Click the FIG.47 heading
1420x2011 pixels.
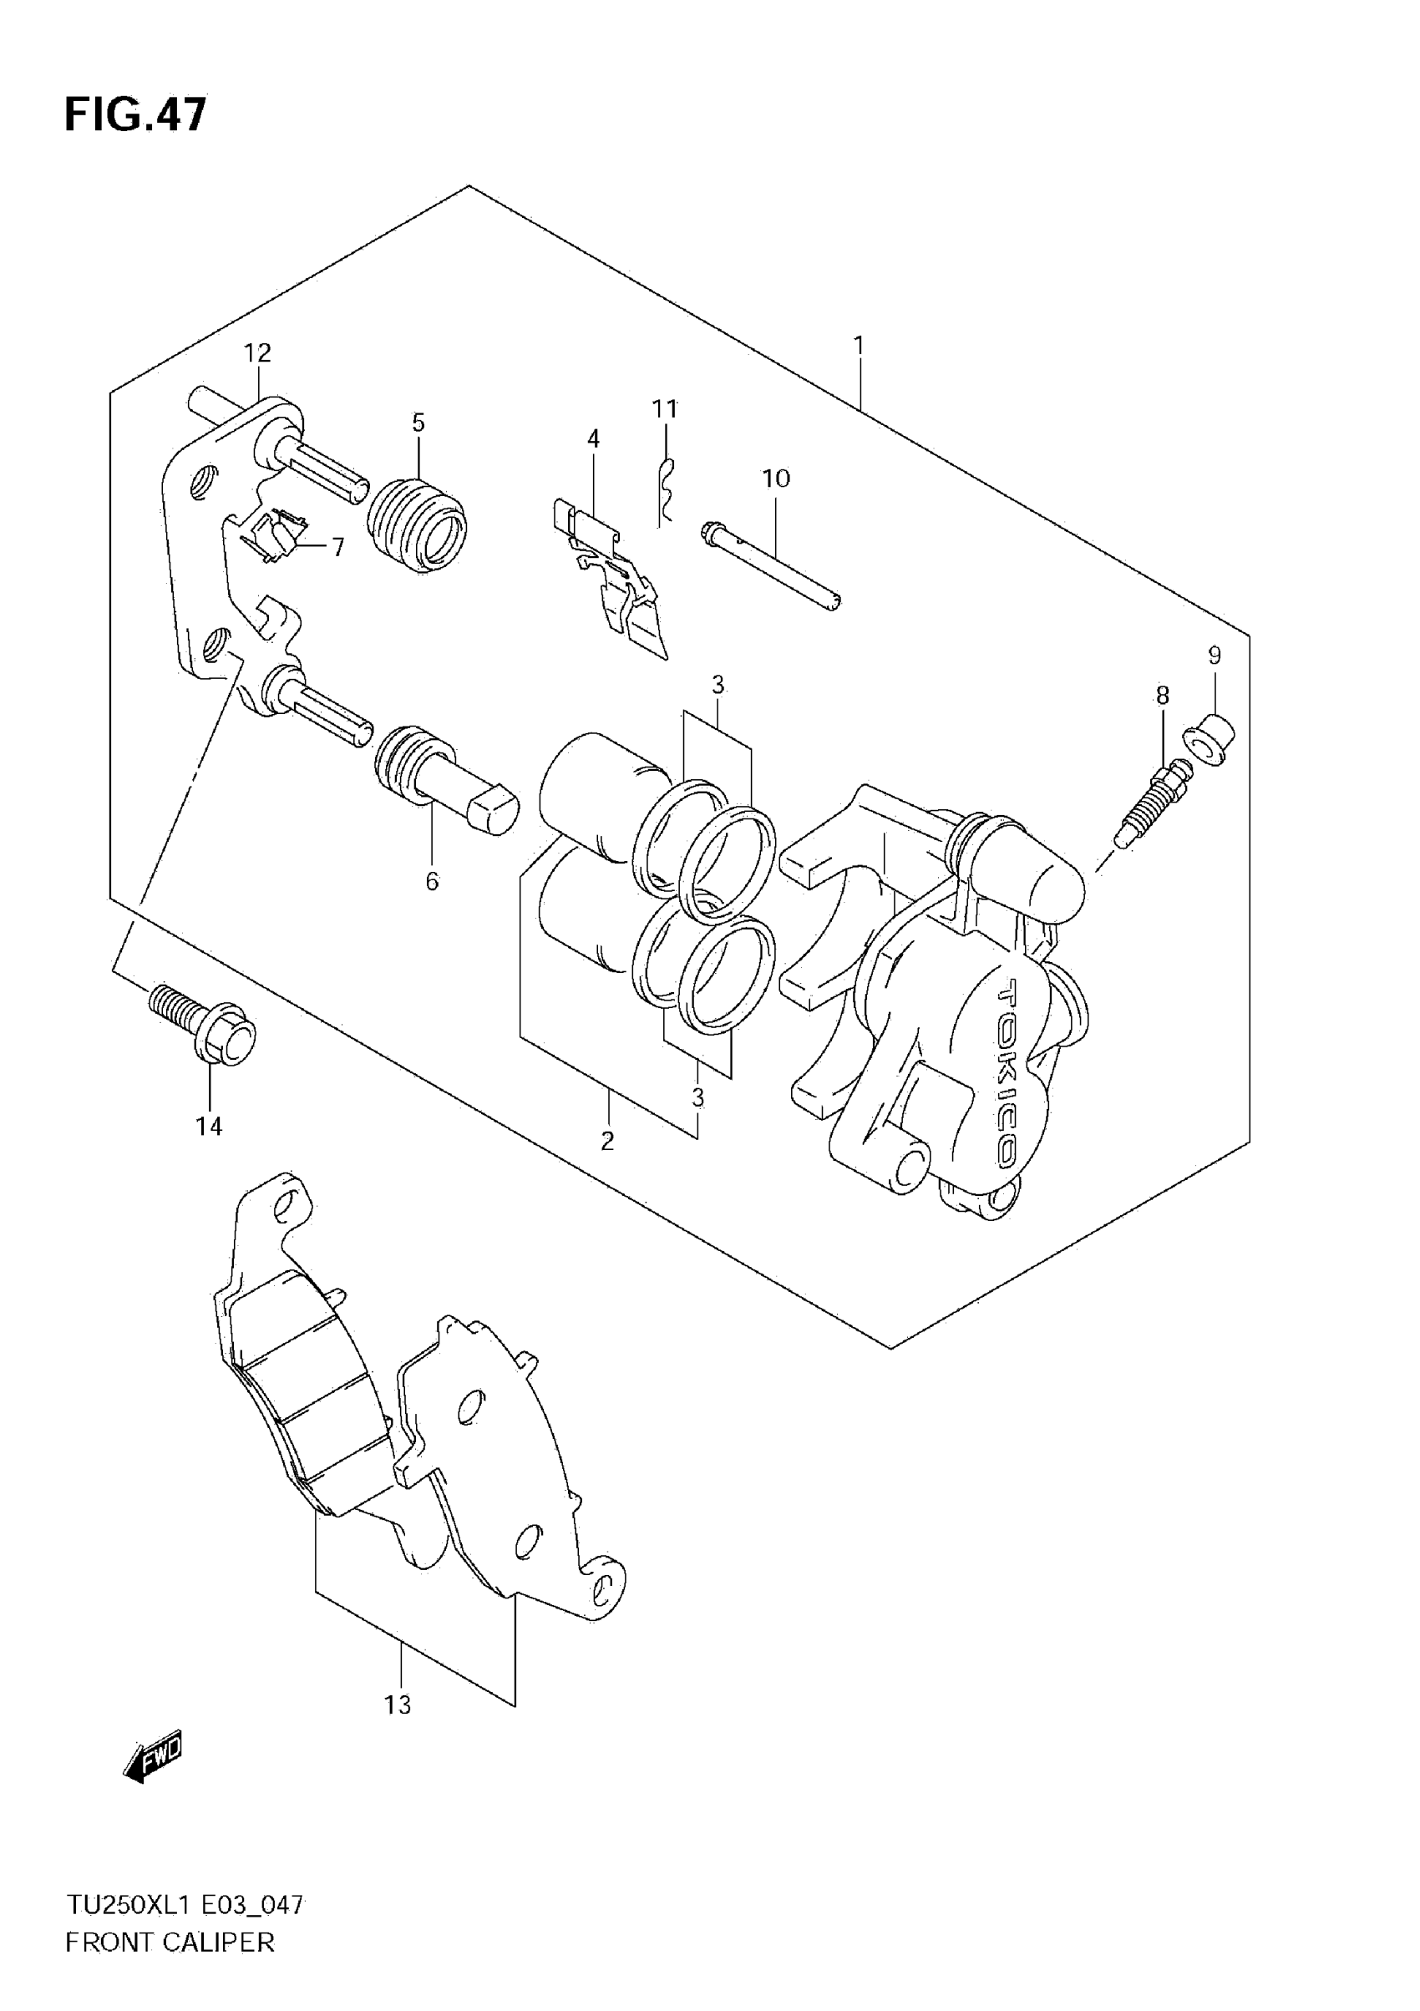click(136, 114)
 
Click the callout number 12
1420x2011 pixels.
click(257, 353)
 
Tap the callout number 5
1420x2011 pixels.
click(418, 423)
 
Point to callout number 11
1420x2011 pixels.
click(666, 409)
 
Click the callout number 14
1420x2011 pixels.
click(209, 1127)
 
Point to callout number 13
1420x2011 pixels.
click(397, 1705)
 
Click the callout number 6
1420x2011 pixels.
click(432, 882)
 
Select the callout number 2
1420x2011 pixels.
click(607, 1142)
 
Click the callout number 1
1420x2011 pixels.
click(860, 345)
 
